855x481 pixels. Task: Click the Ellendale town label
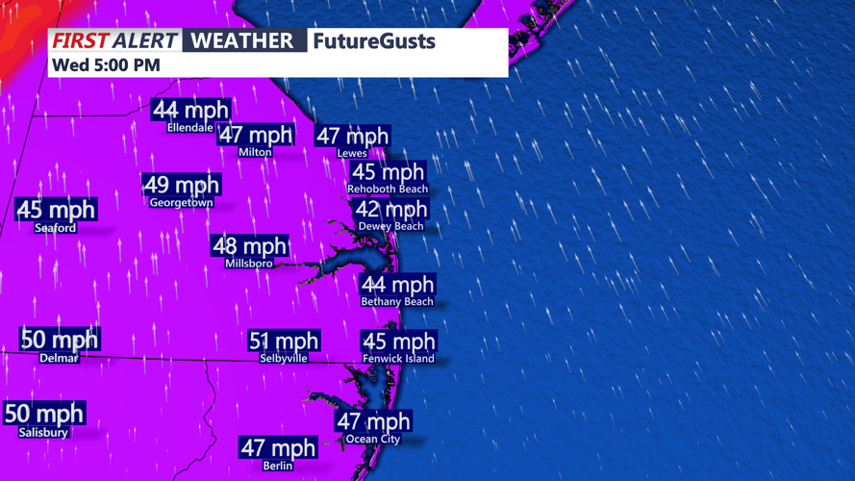189,128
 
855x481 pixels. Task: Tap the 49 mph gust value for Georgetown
181,184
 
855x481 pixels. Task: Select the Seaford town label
55,229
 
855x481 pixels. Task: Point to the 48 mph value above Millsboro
249,246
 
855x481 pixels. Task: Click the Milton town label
255,153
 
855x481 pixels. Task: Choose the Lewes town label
352,154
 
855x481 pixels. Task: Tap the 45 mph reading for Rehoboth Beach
388,172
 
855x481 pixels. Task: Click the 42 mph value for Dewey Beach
391,210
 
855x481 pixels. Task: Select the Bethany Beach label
396,302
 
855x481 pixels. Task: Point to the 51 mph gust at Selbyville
284,341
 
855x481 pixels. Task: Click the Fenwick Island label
398,359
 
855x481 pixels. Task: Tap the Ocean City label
373,440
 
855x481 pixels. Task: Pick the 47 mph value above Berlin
278,447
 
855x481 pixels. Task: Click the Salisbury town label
43,433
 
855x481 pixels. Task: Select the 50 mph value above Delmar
60,340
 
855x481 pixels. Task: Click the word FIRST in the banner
80,40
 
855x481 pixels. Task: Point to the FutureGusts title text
374,41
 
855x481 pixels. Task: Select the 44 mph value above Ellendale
190,110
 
